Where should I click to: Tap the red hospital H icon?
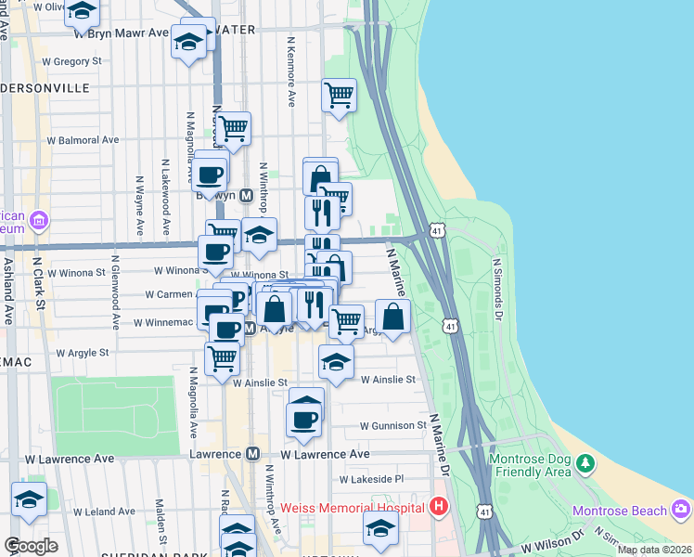[439, 506]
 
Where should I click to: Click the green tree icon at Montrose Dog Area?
[585, 462]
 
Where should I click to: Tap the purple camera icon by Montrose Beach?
[682, 509]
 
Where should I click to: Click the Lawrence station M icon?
[252, 454]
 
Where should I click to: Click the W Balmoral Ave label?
[84, 140]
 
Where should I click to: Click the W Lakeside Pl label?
[371, 479]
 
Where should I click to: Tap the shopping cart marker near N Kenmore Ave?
[340, 94]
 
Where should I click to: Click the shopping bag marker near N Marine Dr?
[393, 316]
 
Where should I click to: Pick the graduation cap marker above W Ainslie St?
[336, 361]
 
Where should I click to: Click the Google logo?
[31, 546]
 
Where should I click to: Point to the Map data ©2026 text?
[653, 550]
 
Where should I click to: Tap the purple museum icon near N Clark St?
[39, 221]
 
